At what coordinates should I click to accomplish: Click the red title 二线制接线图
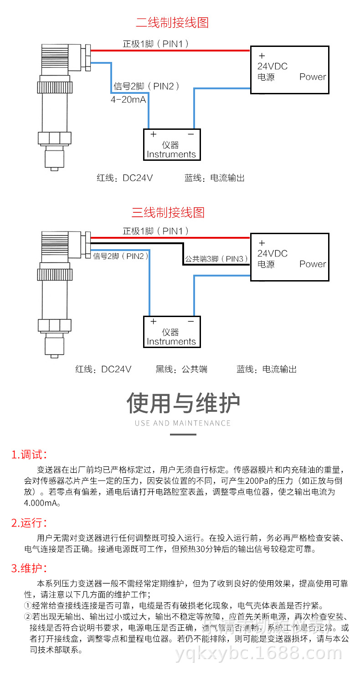tap(172, 22)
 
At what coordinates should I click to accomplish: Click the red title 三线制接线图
tap(168, 212)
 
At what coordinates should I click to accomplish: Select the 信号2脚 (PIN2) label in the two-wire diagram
tap(146, 86)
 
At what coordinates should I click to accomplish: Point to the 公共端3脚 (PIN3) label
tap(216, 259)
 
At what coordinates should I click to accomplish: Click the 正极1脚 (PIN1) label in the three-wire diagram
tap(155, 231)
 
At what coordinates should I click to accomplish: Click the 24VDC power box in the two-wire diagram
tap(289, 70)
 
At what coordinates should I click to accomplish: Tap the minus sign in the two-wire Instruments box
tap(191, 134)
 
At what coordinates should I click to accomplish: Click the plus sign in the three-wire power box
tap(262, 243)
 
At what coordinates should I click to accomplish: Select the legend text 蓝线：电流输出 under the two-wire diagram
tap(214, 178)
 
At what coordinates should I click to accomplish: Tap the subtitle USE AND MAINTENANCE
tap(183, 423)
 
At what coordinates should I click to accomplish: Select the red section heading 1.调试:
tap(29, 454)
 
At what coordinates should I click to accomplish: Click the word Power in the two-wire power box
tap(313, 77)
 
